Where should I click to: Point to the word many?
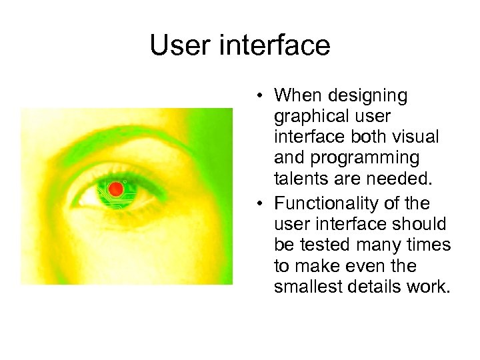[x=389, y=245]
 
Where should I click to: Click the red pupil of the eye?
[x=116, y=189]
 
